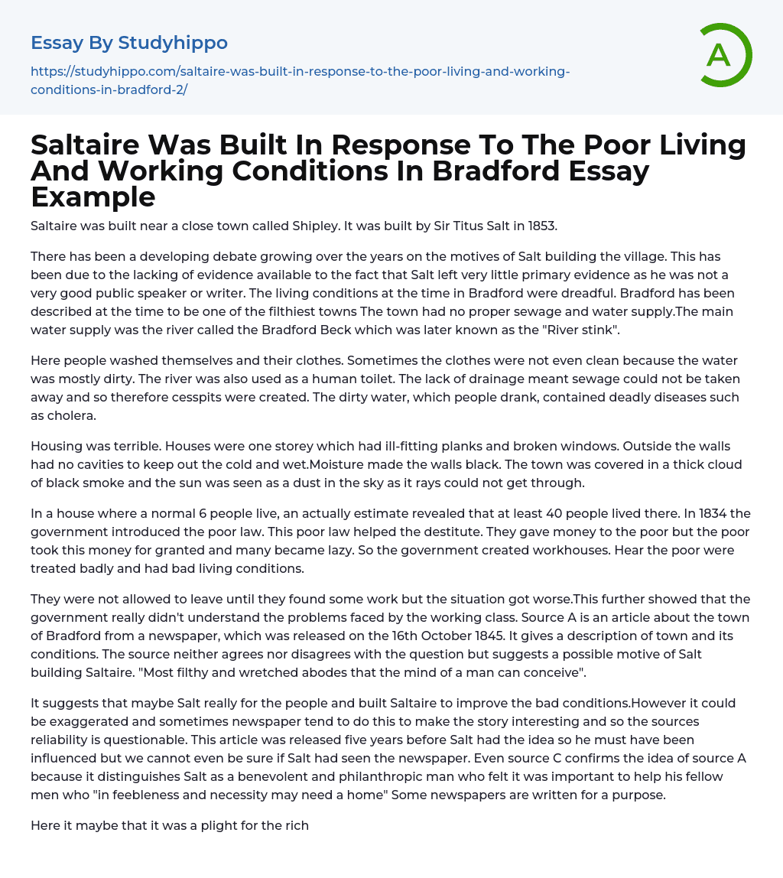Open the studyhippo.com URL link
coord(300,80)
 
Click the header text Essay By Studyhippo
coord(129,43)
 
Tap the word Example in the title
coord(93,197)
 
